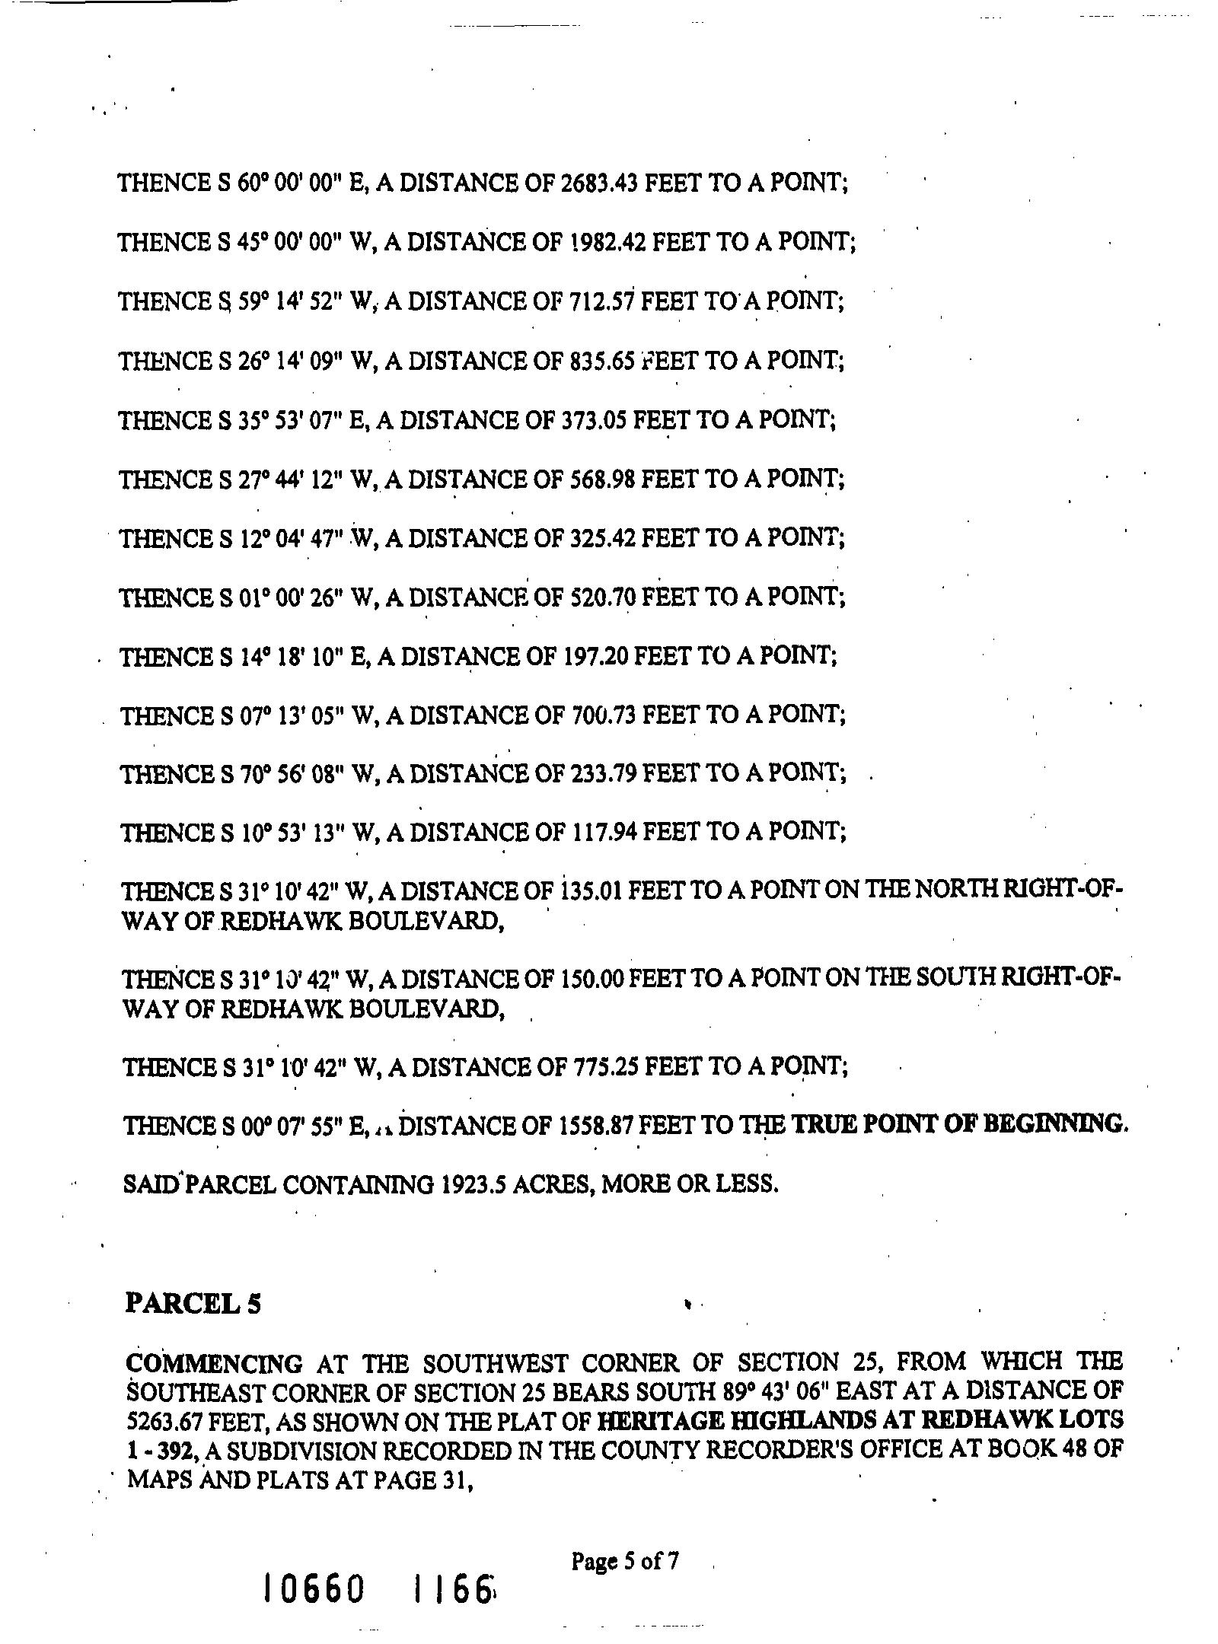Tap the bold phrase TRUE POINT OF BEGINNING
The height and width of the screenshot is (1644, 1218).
pyautogui.click(x=958, y=1124)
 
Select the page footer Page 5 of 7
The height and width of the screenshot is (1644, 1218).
pyautogui.click(x=624, y=1563)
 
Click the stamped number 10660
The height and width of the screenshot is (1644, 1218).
pyautogui.click(x=313, y=1589)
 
